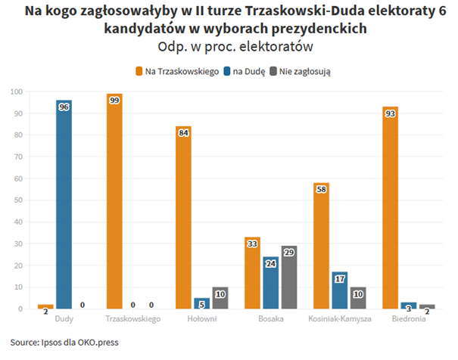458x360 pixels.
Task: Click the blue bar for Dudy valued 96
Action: [64, 204]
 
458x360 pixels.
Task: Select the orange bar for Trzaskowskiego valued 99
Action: [114, 201]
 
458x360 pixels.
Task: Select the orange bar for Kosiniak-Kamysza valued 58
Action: [321, 246]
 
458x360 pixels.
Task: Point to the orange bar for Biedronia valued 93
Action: [390, 208]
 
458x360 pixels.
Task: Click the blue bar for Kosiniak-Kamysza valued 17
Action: [339, 290]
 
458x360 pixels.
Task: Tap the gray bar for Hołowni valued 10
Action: [220, 298]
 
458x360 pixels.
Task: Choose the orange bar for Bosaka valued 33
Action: [252, 273]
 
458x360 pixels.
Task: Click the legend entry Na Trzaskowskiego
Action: [177, 71]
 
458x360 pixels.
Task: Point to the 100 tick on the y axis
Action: [16, 92]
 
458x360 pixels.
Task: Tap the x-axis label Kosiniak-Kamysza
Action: [339, 318]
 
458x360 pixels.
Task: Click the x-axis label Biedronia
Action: [408, 318]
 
